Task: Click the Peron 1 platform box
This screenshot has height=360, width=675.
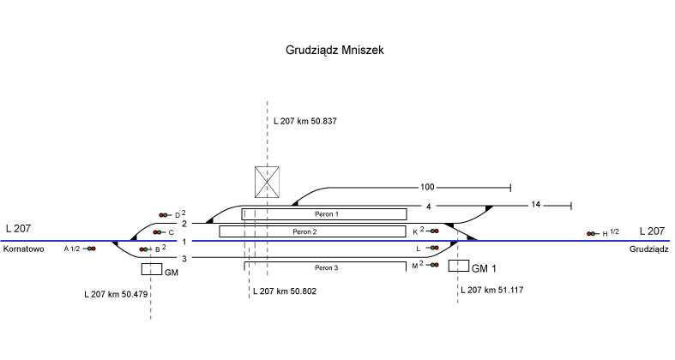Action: click(x=323, y=213)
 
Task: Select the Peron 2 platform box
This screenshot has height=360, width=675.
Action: click(x=312, y=231)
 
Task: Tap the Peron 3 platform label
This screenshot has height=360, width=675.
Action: click(x=325, y=268)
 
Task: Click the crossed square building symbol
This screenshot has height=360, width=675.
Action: click(x=268, y=181)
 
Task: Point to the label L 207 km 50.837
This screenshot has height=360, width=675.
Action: click(x=304, y=122)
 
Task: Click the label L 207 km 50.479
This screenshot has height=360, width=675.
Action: click(x=114, y=294)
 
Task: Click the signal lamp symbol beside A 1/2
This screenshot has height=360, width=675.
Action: click(x=90, y=249)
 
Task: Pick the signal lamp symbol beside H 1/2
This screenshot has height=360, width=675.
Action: click(x=592, y=233)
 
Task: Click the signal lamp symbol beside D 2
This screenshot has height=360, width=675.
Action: click(x=165, y=214)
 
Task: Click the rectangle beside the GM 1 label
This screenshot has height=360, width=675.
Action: click(x=458, y=265)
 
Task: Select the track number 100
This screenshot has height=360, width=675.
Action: click(x=428, y=187)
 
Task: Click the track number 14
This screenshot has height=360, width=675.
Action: click(x=535, y=205)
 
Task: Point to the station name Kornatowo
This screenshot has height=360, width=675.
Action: click(x=25, y=249)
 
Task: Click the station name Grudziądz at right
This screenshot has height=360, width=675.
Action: click(x=648, y=249)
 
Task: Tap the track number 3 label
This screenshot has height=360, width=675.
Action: click(x=184, y=259)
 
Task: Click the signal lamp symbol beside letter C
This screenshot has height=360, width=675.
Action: click(x=158, y=232)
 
